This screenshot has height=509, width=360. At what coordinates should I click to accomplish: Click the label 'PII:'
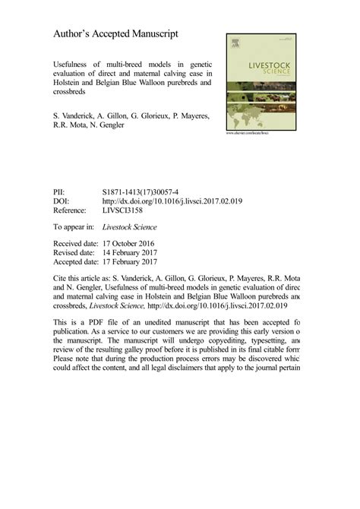(x=59, y=193)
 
